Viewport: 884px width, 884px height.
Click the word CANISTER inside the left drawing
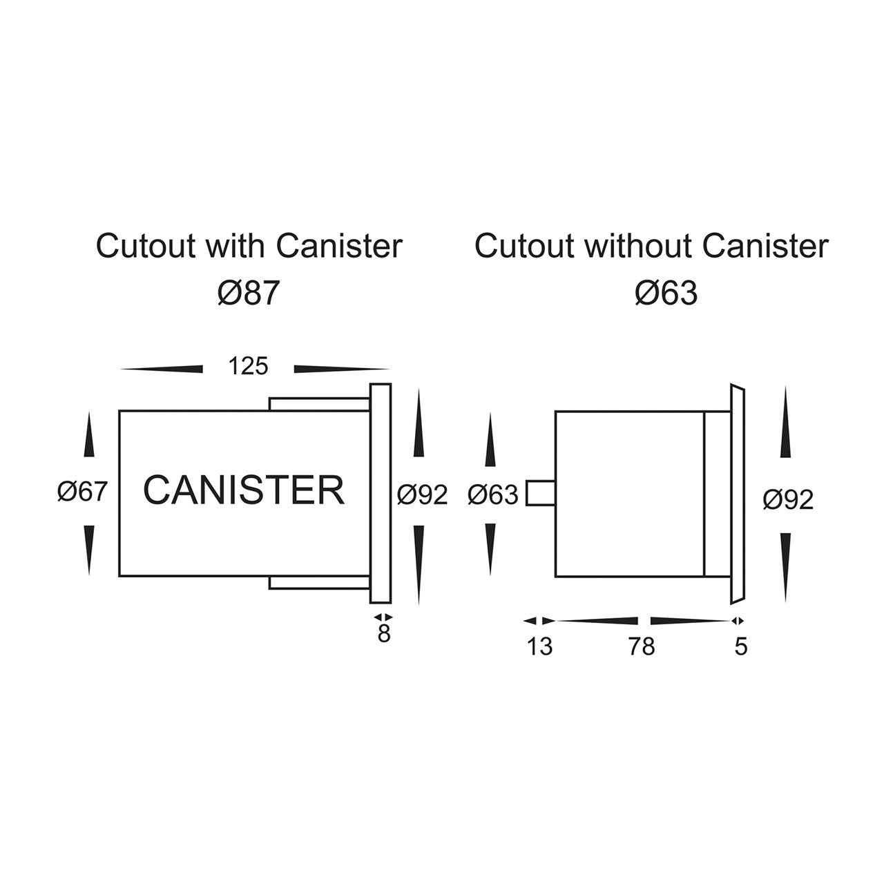[243, 490]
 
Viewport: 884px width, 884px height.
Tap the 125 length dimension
[249, 366]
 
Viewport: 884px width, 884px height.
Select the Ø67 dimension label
[83, 492]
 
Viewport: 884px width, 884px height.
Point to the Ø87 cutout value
[249, 294]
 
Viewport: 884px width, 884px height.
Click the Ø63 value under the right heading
[666, 294]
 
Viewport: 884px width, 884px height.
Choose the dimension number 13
[540, 647]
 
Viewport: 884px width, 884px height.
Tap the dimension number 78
[641, 647]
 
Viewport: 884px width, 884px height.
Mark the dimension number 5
[741, 647]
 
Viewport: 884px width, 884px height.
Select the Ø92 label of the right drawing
[788, 500]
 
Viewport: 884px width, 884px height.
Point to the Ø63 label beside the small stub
[492, 494]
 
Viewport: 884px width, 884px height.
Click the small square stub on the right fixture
[540, 493]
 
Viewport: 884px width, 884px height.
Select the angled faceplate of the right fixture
[736, 493]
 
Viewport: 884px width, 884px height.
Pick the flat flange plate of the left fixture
[381, 493]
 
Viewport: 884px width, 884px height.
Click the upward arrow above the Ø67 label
[88, 435]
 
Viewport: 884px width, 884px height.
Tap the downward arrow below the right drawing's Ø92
[785, 566]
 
